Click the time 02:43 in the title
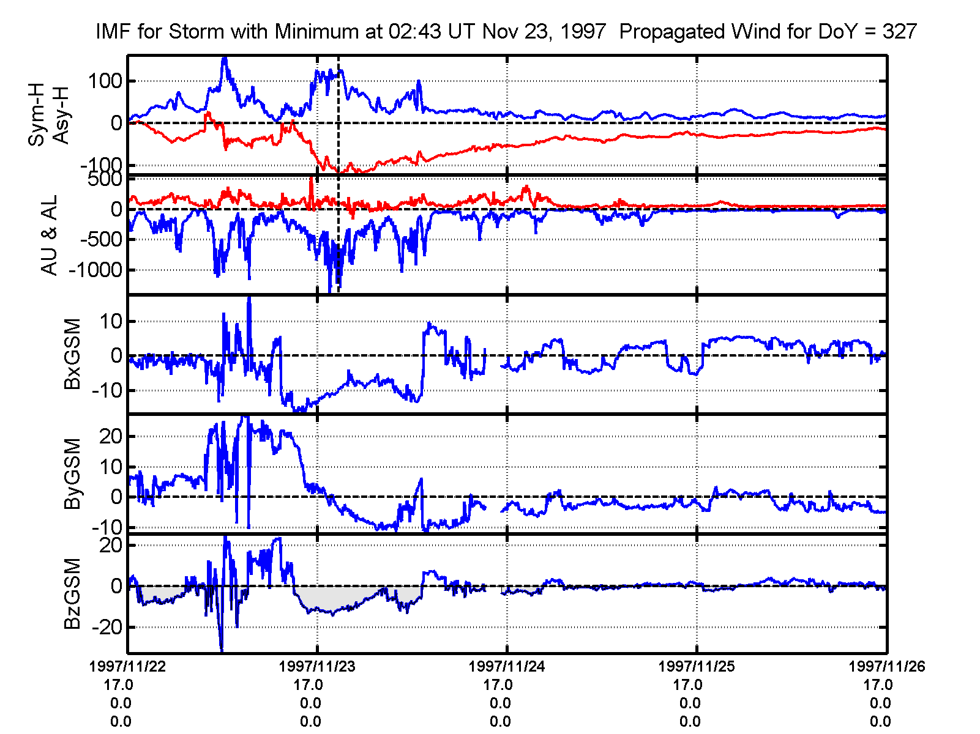tap(415, 31)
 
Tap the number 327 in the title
tap(899, 31)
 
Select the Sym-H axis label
tap(37, 115)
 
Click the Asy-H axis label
tap(61, 115)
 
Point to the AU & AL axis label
tap(49, 235)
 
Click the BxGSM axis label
tap(72, 354)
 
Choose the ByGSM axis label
tap(72, 473)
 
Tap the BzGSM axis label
tap(72, 593)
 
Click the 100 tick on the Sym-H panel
tap(105, 81)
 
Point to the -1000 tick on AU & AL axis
tap(95, 270)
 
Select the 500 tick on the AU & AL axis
tap(105, 179)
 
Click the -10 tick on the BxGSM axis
tap(107, 390)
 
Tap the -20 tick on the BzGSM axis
tap(107, 628)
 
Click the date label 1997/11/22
tap(127, 666)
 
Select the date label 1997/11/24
tap(507, 666)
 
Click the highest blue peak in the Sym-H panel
tap(224, 58)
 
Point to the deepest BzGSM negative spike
tap(222, 650)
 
